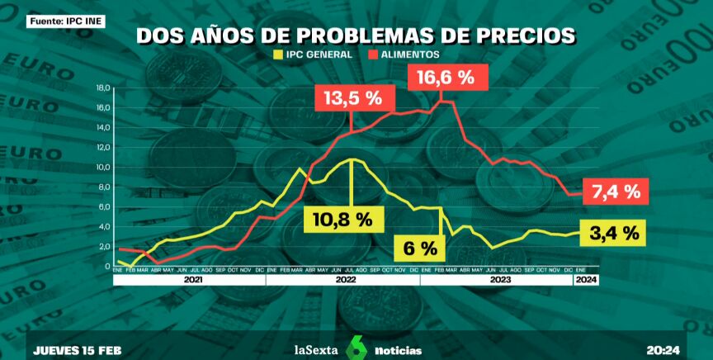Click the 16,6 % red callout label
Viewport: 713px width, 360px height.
tap(445, 78)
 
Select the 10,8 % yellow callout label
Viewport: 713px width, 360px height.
tap(342, 219)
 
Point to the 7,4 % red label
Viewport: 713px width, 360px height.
tap(616, 192)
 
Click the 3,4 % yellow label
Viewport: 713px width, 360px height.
tap(615, 234)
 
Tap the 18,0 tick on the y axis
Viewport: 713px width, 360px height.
tap(103, 88)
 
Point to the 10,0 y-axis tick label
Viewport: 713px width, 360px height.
tap(103, 168)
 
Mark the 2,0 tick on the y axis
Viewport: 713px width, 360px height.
tap(104, 247)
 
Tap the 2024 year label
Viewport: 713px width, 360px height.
tap(586, 280)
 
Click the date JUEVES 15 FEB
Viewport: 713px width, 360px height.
tap(78, 350)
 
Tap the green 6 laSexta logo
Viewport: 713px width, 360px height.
tap(356, 347)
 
